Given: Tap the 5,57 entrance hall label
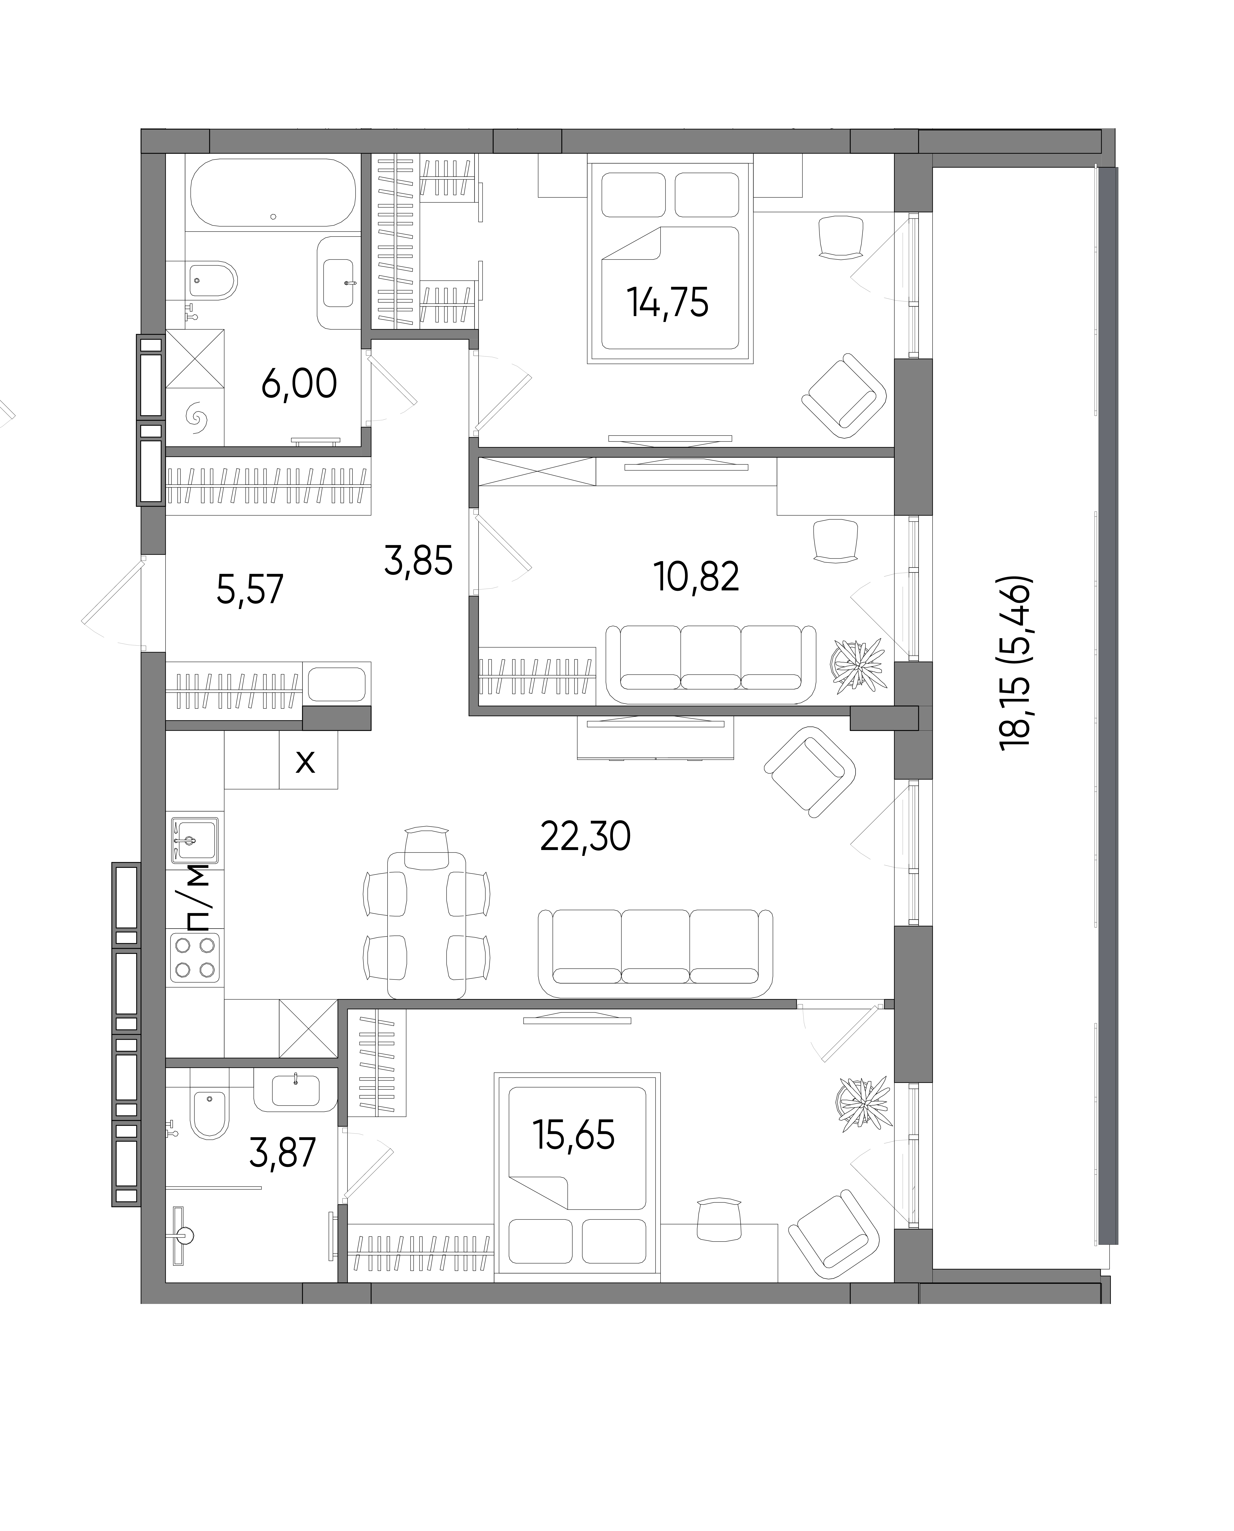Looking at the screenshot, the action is [250, 589].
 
